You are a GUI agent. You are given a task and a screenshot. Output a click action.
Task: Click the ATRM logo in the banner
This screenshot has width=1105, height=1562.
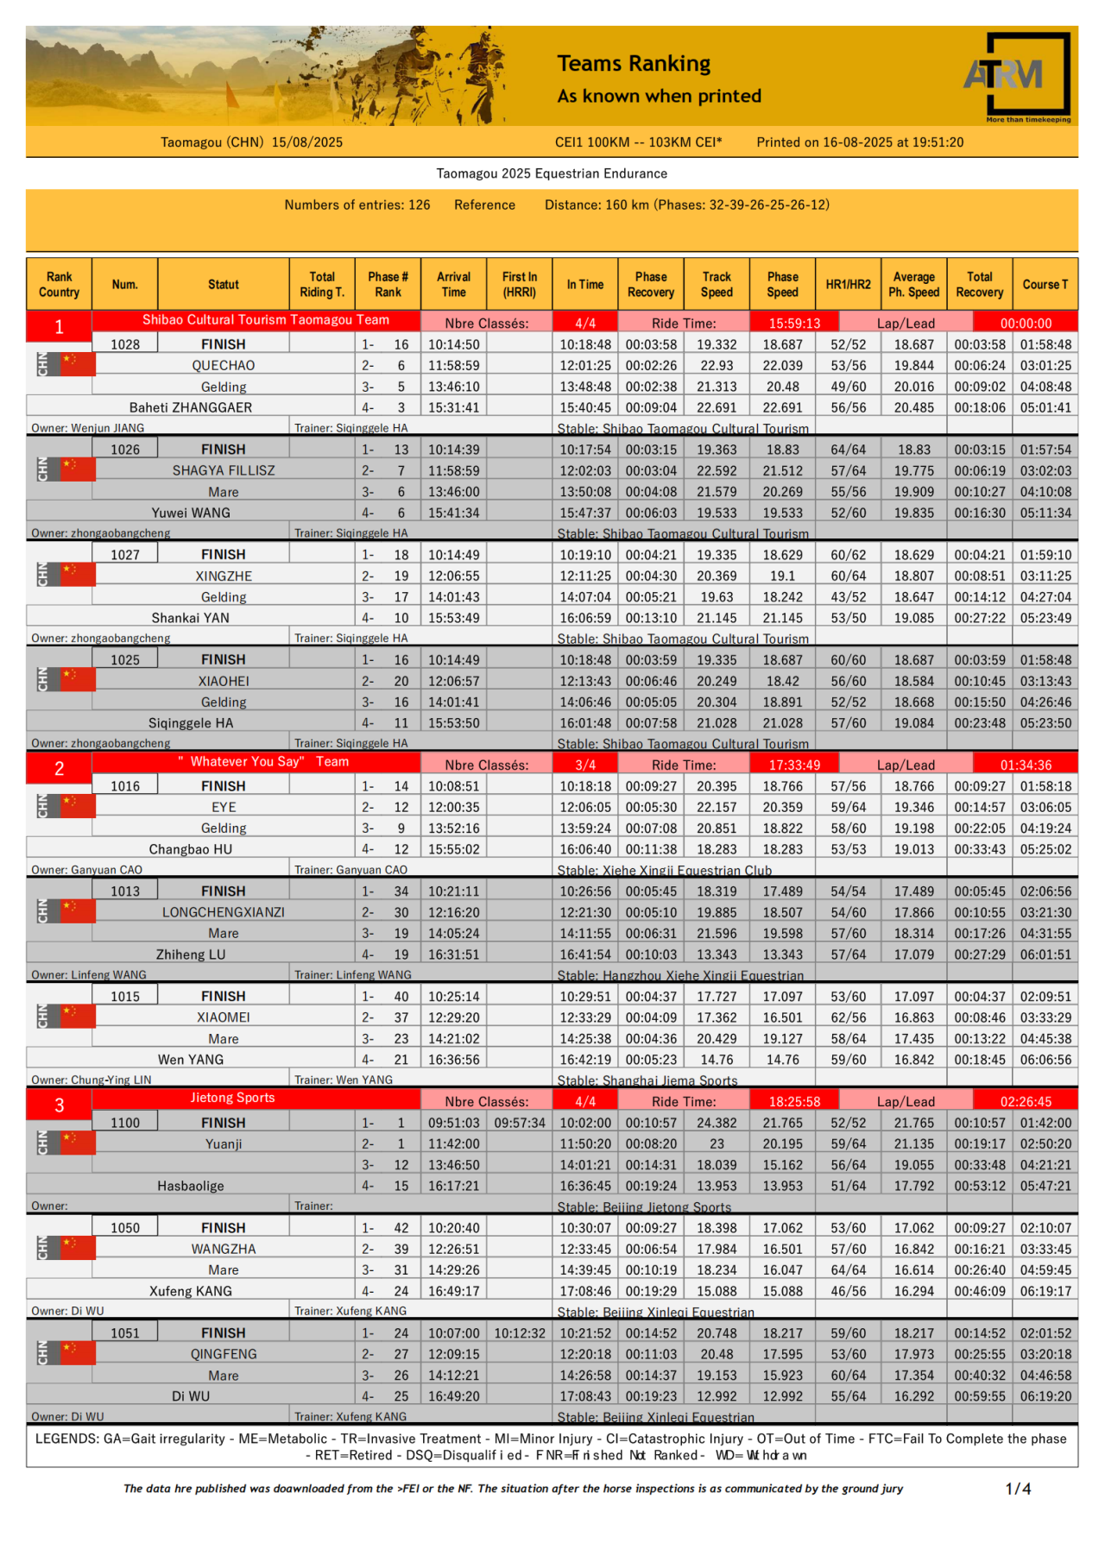pyautogui.click(x=1017, y=75)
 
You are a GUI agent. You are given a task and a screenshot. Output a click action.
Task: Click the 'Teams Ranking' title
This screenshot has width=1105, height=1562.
pyautogui.click(x=634, y=64)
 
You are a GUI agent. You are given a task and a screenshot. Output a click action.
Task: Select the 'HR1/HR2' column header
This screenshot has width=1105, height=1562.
pyautogui.click(x=848, y=284)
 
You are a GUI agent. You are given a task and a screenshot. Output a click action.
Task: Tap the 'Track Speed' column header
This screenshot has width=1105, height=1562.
pyautogui.click(x=717, y=284)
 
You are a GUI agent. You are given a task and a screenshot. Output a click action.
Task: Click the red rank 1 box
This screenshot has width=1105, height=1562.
pyautogui.click(x=59, y=326)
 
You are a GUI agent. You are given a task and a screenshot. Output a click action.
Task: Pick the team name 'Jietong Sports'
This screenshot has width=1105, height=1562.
pyautogui.click(x=232, y=1098)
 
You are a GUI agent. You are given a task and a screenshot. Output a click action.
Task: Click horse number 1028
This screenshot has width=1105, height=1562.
pyautogui.click(x=125, y=344)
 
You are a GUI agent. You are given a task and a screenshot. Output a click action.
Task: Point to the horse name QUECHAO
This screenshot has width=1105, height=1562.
pyautogui.click(x=224, y=366)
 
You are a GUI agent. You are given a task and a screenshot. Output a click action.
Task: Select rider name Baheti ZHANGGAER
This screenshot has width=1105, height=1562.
pyautogui.click(x=191, y=407)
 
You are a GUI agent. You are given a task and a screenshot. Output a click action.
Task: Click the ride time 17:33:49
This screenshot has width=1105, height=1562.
pyautogui.click(x=794, y=765)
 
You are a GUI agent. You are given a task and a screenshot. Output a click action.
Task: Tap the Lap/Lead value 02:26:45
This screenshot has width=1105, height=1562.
pyautogui.click(x=1026, y=1102)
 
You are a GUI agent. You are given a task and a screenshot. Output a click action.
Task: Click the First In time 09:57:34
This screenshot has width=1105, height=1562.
pyautogui.click(x=520, y=1123)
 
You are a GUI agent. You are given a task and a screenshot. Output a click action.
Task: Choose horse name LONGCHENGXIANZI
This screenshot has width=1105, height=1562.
pyautogui.click(x=224, y=912)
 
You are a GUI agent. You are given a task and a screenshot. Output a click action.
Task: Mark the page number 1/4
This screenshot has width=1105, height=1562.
pyautogui.click(x=1018, y=1489)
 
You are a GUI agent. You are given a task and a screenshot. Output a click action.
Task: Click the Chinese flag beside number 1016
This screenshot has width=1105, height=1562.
pyautogui.click(x=77, y=805)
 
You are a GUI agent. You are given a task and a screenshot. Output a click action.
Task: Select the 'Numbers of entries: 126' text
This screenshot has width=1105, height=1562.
pyautogui.click(x=357, y=205)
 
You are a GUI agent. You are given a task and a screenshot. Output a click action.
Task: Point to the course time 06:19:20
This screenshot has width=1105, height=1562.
pyautogui.click(x=1045, y=1396)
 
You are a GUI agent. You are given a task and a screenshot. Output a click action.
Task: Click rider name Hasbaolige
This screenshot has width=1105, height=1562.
pyautogui.click(x=191, y=1186)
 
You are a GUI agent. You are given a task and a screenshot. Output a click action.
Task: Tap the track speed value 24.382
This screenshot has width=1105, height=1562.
pyautogui.click(x=717, y=1123)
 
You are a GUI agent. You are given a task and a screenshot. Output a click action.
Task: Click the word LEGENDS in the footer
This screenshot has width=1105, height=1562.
pyautogui.click(x=67, y=1439)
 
